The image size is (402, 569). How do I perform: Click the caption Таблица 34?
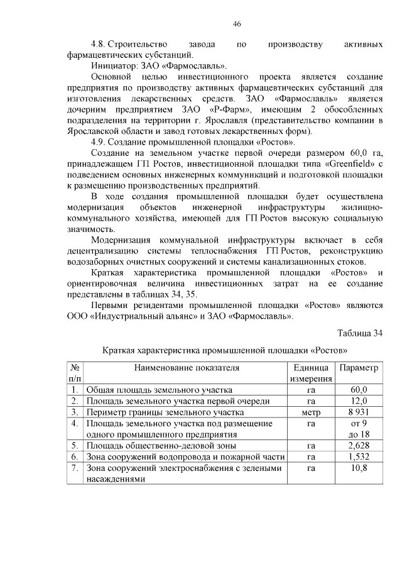(359, 333)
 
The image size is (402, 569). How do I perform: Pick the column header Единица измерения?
(311, 373)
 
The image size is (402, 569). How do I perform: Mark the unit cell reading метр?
(311, 412)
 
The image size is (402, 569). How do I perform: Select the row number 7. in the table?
(74, 468)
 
